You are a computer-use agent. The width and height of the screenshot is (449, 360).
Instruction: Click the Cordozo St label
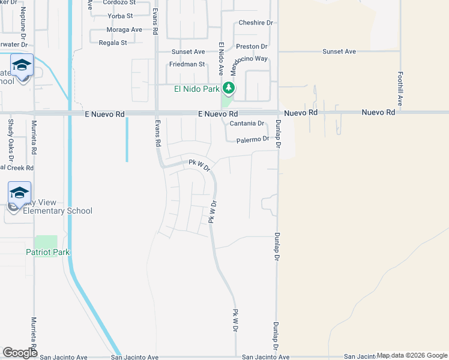tap(119, 2)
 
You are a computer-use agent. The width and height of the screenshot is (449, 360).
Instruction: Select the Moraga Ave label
tap(124, 29)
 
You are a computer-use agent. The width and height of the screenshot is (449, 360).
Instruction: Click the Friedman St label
tap(187, 64)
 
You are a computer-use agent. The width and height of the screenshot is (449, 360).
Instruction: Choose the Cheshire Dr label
tap(255, 23)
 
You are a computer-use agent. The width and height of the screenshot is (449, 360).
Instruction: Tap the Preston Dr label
tap(252, 46)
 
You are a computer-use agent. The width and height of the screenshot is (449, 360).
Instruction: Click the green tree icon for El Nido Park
tap(229, 89)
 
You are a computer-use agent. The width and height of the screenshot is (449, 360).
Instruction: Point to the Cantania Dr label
tap(247, 124)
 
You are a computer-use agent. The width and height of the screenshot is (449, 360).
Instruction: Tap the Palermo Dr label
tap(252, 139)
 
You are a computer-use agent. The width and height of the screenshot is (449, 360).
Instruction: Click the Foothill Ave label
tap(400, 88)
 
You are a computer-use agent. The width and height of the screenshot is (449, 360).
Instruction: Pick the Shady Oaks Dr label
tap(10, 137)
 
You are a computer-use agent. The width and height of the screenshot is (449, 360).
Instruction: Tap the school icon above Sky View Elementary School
tap(20, 193)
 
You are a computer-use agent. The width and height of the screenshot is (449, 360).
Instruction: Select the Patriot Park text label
tap(47, 252)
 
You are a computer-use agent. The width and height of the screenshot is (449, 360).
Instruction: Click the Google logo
tap(20, 353)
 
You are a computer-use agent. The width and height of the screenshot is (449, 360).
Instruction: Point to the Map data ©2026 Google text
tap(412, 355)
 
